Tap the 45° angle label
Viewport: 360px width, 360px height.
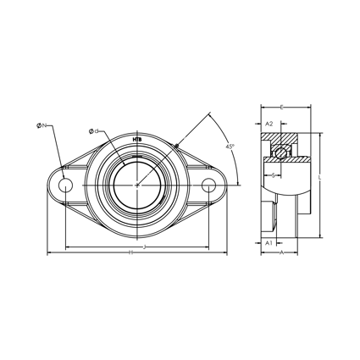pyautogui.click(x=230, y=147)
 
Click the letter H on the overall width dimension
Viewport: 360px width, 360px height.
pyautogui.click(x=130, y=252)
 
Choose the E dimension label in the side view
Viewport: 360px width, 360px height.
pyautogui.click(x=282, y=108)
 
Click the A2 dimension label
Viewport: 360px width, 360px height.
pyautogui.click(x=269, y=123)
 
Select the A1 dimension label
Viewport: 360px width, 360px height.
pyautogui.click(x=268, y=242)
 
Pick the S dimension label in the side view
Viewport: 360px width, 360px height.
pyautogui.click(x=273, y=174)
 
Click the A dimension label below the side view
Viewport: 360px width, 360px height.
pyautogui.click(x=280, y=252)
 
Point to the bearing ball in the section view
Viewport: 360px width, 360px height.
pyautogui.click(x=277, y=152)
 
